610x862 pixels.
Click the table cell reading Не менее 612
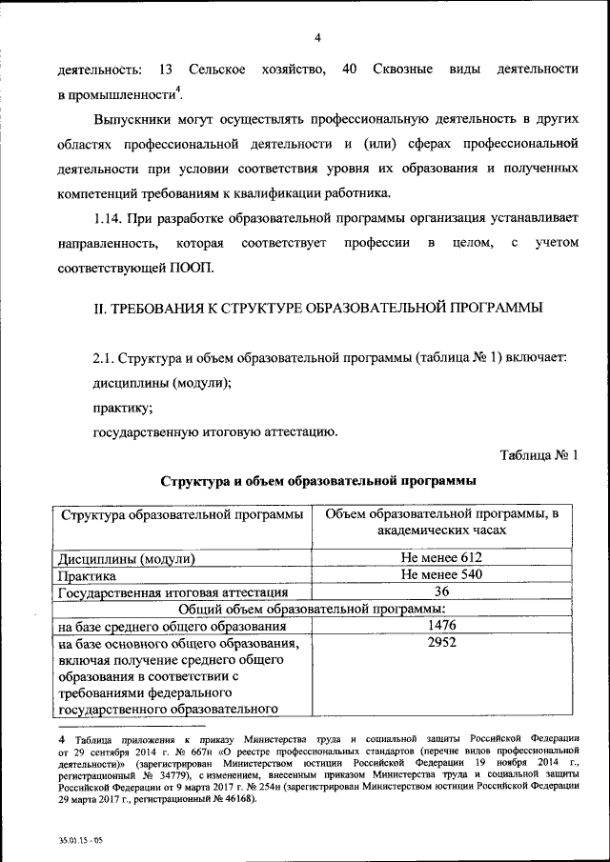coord(442,558)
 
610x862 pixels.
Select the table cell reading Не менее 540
coord(442,575)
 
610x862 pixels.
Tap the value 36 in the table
coord(442,592)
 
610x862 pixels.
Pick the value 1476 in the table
coord(442,627)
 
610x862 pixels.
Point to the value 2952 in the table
coord(442,644)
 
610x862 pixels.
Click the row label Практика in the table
coord(88,576)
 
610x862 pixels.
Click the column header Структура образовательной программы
coord(181,515)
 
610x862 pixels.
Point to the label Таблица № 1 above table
coord(539,454)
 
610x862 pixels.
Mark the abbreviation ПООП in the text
coord(193,268)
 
